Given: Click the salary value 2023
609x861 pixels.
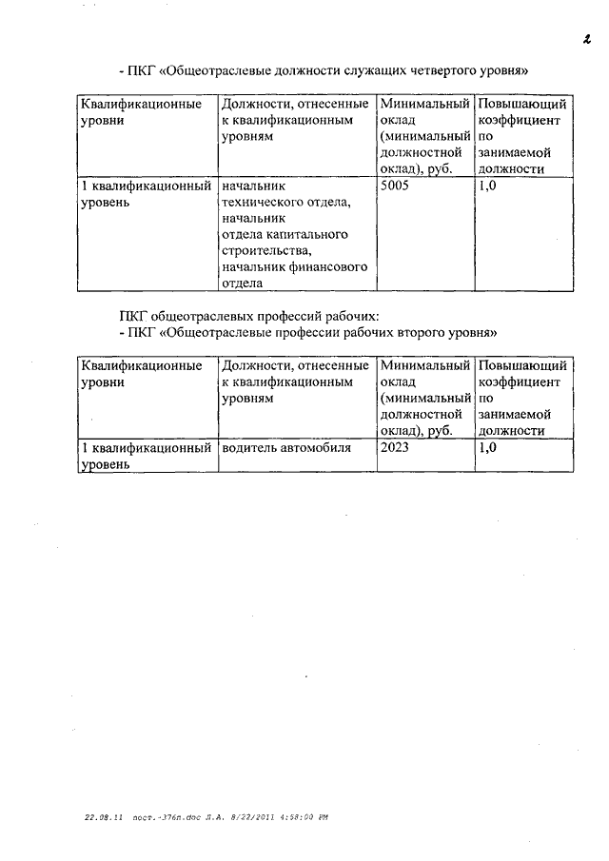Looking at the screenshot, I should pyautogui.click(x=396, y=446).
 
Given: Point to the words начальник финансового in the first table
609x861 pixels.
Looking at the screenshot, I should pyautogui.click(x=293, y=267).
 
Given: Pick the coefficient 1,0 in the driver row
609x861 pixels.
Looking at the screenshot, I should pyautogui.click(x=487, y=446).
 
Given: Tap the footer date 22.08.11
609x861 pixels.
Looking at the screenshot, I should pyautogui.click(x=99, y=817).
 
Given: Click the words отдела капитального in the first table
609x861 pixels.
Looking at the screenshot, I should pyautogui.click(x=284, y=235).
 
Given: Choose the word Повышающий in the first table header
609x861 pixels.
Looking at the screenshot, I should pyautogui.click(x=523, y=105).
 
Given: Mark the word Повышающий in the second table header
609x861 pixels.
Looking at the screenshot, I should pyautogui.click(x=523, y=365).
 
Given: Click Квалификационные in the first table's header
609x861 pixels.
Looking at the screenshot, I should pyautogui.click(x=141, y=105).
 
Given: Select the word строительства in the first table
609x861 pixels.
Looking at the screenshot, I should pyautogui.click(x=264, y=251).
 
